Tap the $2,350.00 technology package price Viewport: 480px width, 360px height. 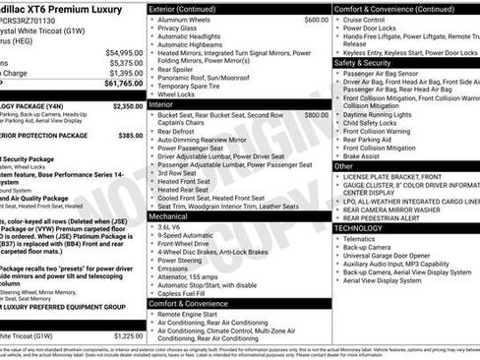coord(127,106)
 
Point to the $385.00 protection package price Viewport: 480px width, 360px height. coord(131,136)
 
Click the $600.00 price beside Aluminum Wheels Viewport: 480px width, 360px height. coord(317,20)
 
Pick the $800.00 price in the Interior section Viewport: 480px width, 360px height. coord(317,115)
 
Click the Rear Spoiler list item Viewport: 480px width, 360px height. coord(176,69)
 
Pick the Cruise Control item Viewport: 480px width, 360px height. coord(364,20)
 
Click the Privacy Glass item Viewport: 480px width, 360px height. coord(177,29)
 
